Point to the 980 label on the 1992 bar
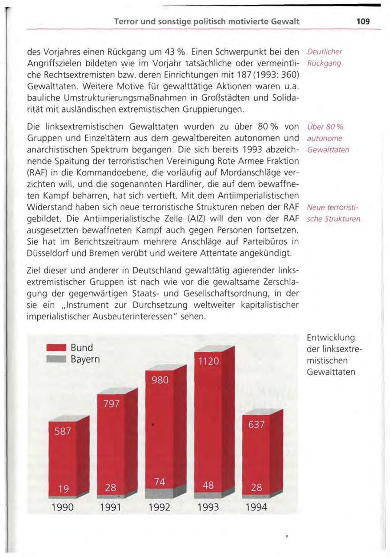point(160,380)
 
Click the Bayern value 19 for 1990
point(63,489)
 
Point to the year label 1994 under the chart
point(256,506)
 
